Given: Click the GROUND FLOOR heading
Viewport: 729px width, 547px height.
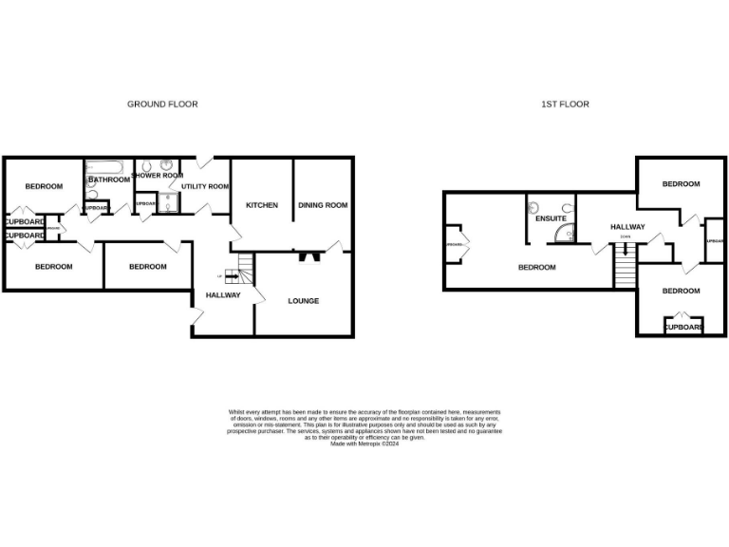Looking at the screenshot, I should pos(162,104).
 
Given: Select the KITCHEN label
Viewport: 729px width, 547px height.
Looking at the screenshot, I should pos(262,205).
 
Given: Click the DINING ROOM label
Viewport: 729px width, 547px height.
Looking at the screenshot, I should pos(323,205).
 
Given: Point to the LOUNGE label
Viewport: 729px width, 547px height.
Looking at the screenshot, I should pos(304,301).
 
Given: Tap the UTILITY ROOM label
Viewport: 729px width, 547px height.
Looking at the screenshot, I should pos(206,187).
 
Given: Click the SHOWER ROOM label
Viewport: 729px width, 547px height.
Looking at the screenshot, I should pos(158,176).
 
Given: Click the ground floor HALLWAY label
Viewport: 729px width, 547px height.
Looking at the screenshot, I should pos(223,295).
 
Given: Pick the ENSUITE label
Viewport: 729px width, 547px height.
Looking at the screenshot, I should pos(551,218).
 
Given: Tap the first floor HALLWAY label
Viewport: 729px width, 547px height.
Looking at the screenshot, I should pos(627,227).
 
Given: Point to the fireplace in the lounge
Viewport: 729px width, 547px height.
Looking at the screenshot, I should pos(307,255).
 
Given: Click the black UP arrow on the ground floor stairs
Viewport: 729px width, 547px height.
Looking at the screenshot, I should pos(231,277).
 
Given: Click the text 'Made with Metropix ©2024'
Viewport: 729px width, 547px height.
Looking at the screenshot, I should pos(364,443).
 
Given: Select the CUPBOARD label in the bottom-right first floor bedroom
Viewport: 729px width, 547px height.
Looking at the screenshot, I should pos(682,328).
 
